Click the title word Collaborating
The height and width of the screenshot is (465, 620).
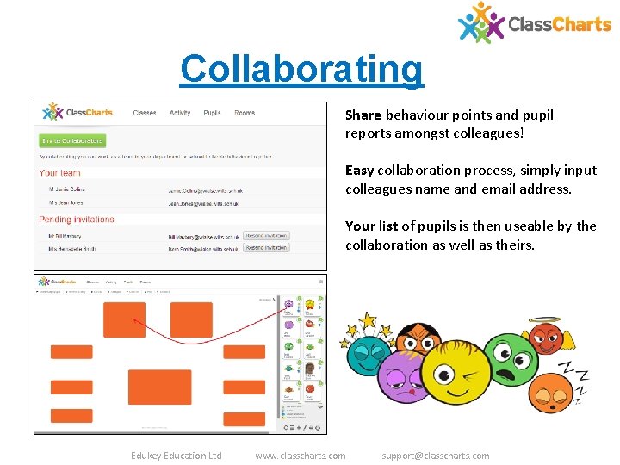(x=301, y=70)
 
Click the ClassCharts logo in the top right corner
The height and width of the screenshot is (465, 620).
(x=534, y=23)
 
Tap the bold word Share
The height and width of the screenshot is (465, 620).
(x=363, y=115)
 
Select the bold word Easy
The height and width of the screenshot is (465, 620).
(x=359, y=170)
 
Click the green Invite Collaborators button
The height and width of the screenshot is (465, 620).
(x=72, y=140)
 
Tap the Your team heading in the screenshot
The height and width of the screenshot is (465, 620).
(x=60, y=173)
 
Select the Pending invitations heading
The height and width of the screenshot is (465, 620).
(x=77, y=220)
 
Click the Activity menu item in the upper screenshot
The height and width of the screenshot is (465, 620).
(x=180, y=113)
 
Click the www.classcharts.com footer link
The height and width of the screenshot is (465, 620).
(x=301, y=456)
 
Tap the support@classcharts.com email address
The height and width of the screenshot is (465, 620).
(x=435, y=456)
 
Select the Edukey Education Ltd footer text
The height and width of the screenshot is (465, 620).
(x=176, y=456)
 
